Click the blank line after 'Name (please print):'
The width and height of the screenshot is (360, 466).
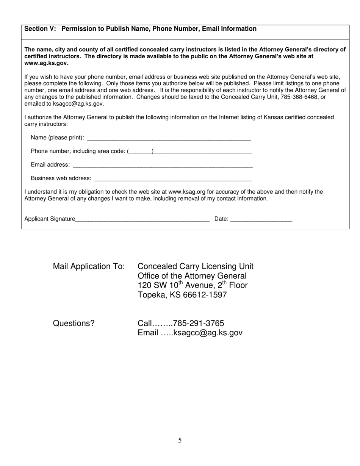pyautogui.click(x=169, y=138)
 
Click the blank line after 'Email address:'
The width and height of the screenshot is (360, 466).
pyautogui.click(x=163, y=165)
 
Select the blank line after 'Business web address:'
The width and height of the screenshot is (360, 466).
pyautogui.click(x=173, y=178)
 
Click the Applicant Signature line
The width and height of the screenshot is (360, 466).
pyautogui.click(x=142, y=219)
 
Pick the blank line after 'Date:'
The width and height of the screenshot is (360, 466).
pyautogui.click(x=261, y=219)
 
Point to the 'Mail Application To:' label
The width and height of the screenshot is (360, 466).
pyautogui.click(x=89, y=266)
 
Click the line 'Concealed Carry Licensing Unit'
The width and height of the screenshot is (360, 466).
pyautogui.click(x=195, y=266)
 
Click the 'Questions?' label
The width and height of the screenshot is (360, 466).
pyautogui.click(x=74, y=323)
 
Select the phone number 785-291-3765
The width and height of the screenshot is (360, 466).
pyautogui.click(x=198, y=323)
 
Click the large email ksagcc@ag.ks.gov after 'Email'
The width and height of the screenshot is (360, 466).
pyautogui.click(x=208, y=333)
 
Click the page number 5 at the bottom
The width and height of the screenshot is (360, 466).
pyautogui.click(x=180, y=440)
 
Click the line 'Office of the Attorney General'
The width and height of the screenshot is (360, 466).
pyautogui.click(x=192, y=276)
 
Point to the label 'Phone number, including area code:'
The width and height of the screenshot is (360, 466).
pyautogui.click(x=78, y=152)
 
